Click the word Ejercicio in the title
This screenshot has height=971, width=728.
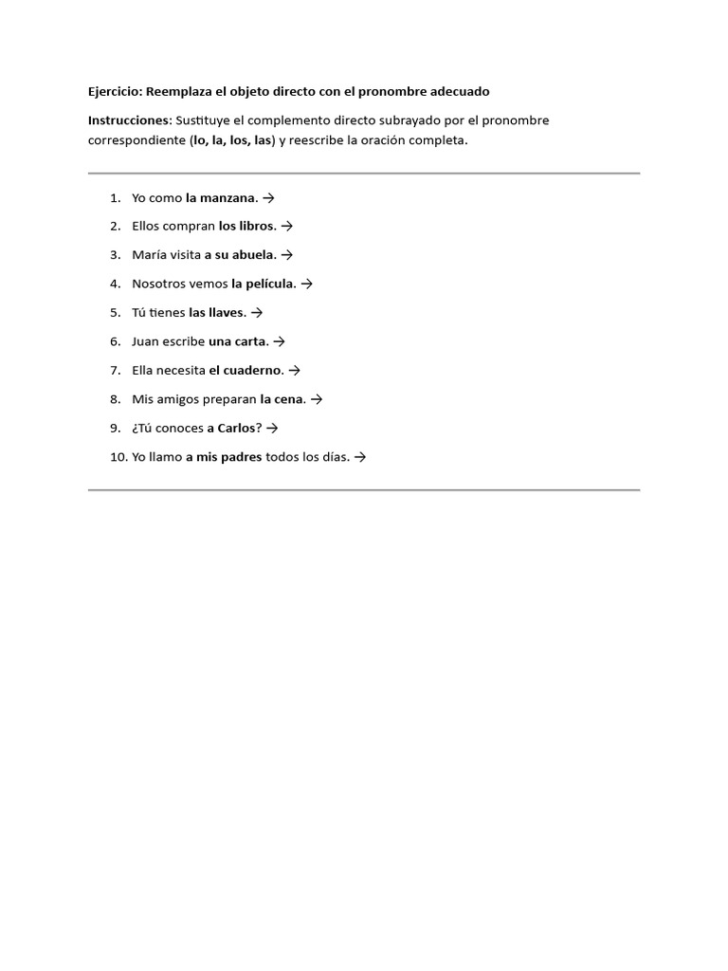click(x=114, y=91)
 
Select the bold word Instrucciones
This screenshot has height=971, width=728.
click(x=129, y=120)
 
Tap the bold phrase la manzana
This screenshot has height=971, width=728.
click(x=221, y=197)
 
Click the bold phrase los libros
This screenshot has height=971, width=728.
click(x=246, y=226)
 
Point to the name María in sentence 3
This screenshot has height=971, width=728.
click(x=150, y=255)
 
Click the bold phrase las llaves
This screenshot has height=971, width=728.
click(x=217, y=312)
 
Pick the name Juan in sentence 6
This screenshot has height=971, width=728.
click(x=145, y=341)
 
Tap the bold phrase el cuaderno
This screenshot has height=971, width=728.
click(x=246, y=370)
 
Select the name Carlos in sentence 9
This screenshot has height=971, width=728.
click(x=237, y=428)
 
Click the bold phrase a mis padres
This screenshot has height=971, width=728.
click(x=224, y=457)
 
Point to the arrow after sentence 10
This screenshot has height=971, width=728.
click(x=359, y=457)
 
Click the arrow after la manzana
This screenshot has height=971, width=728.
click(x=268, y=197)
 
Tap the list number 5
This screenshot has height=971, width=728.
click(x=114, y=312)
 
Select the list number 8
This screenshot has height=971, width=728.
click(x=114, y=399)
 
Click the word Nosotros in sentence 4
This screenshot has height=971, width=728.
click(x=159, y=284)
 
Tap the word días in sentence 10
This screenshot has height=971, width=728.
click(x=335, y=457)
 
